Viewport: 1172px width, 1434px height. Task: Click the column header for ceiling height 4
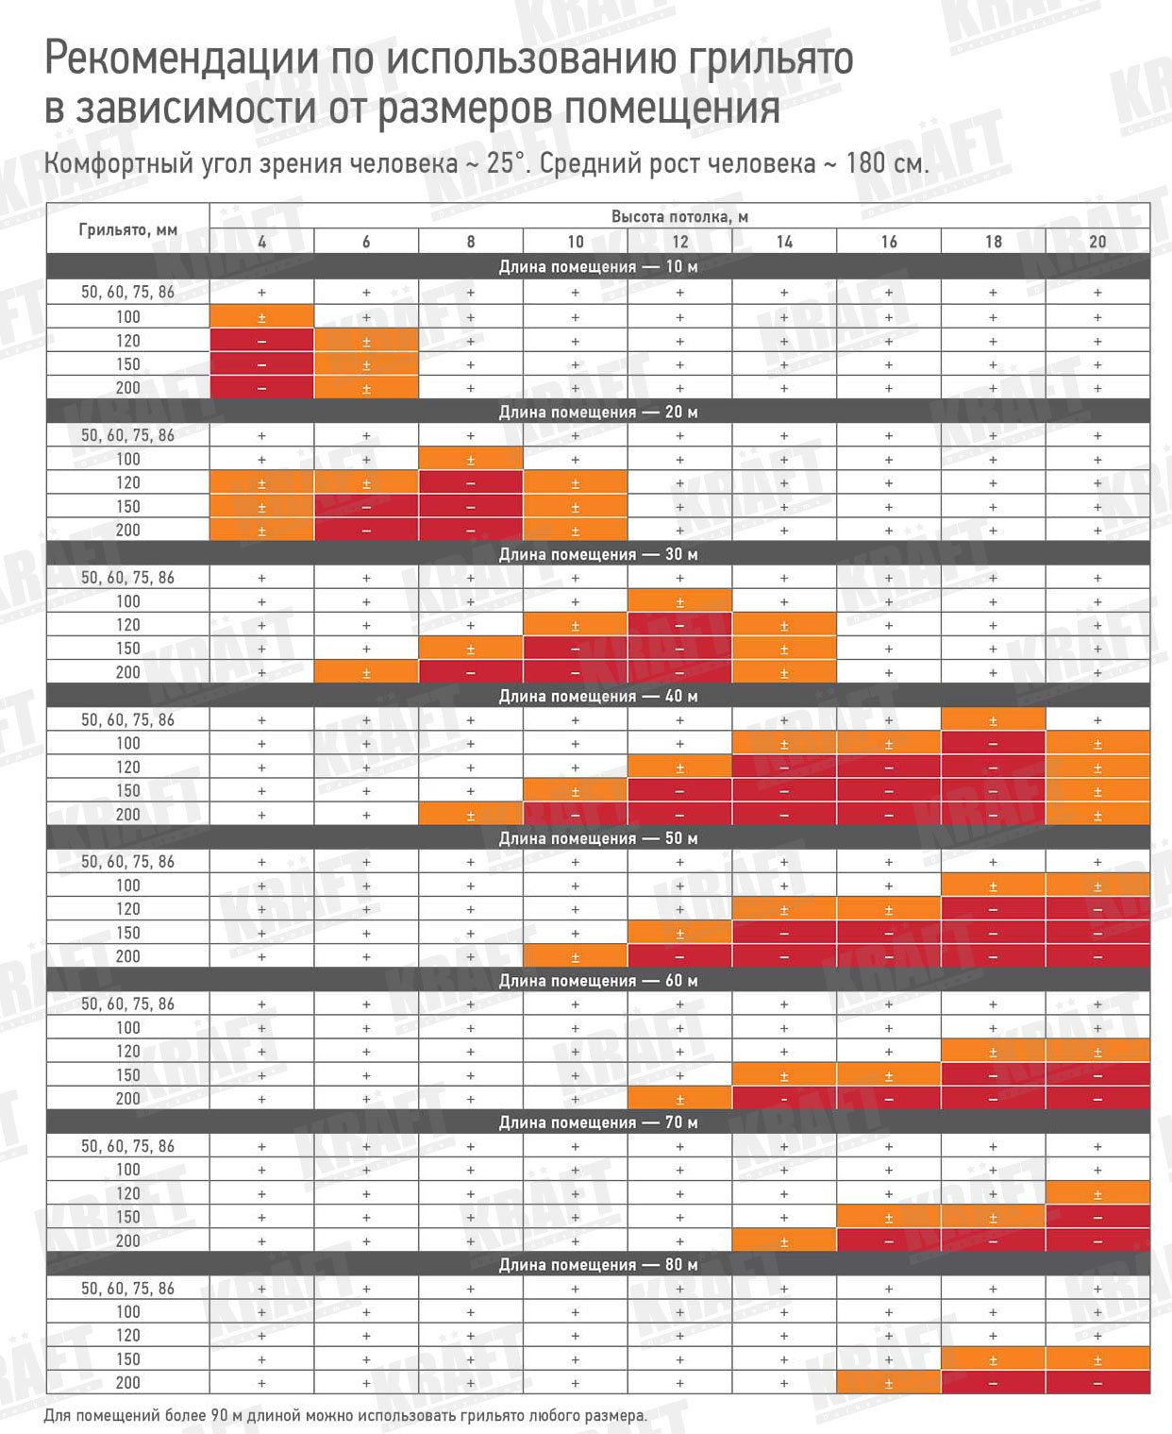pos(261,242)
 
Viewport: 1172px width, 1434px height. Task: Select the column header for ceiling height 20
pos(1097,242)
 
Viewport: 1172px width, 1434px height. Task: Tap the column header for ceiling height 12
pos(679,242)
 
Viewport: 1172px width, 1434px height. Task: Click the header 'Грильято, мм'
pos(128,229)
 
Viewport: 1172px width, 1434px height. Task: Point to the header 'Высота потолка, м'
pos(679,216)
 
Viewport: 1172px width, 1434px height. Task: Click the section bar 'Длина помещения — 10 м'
pos(598,266)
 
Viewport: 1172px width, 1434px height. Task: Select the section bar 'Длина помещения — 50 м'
pos(598,838)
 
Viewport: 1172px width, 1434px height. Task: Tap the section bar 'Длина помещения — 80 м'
pos(598,1264)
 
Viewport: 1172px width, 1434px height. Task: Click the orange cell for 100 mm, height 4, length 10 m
pos(261,317)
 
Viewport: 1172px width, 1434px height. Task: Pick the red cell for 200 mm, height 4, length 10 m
pos(261,388)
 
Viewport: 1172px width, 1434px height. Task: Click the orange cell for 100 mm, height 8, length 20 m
pos(471,460)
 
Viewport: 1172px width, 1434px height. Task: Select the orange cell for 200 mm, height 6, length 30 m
pos(366,672)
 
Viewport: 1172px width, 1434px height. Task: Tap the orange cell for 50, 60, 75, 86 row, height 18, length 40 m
pos(993,719)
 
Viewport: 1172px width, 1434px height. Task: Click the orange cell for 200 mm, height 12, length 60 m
pos(679,1099)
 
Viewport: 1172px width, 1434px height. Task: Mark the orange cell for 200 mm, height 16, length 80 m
pos(889,1383)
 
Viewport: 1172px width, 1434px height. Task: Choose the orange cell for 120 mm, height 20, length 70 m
pos(1097,1193)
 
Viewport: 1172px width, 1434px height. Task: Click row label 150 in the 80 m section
pos(128,1359)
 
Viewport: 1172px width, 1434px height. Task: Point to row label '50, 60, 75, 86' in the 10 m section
pos(128,293)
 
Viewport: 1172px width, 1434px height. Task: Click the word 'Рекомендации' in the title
pos(180,59)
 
